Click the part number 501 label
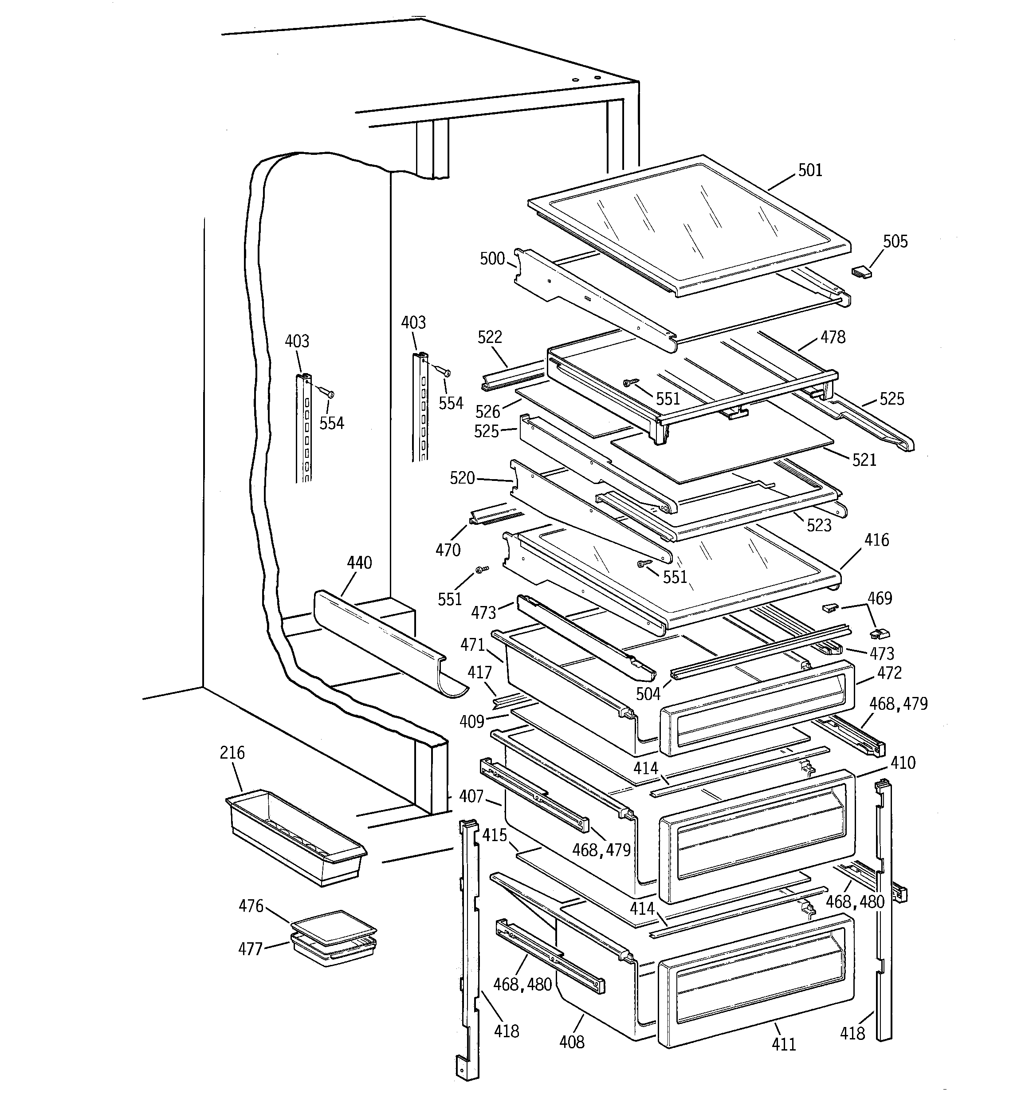810,170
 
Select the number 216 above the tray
232,753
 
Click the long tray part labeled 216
295,837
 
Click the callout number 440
359,563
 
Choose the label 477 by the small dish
250,949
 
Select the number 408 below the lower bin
572,1041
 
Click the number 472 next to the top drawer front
889,673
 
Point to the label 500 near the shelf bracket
492,259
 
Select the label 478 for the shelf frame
833,337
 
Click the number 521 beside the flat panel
864,460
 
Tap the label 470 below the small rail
448,550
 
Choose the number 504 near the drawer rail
648,694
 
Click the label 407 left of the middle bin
471,796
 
